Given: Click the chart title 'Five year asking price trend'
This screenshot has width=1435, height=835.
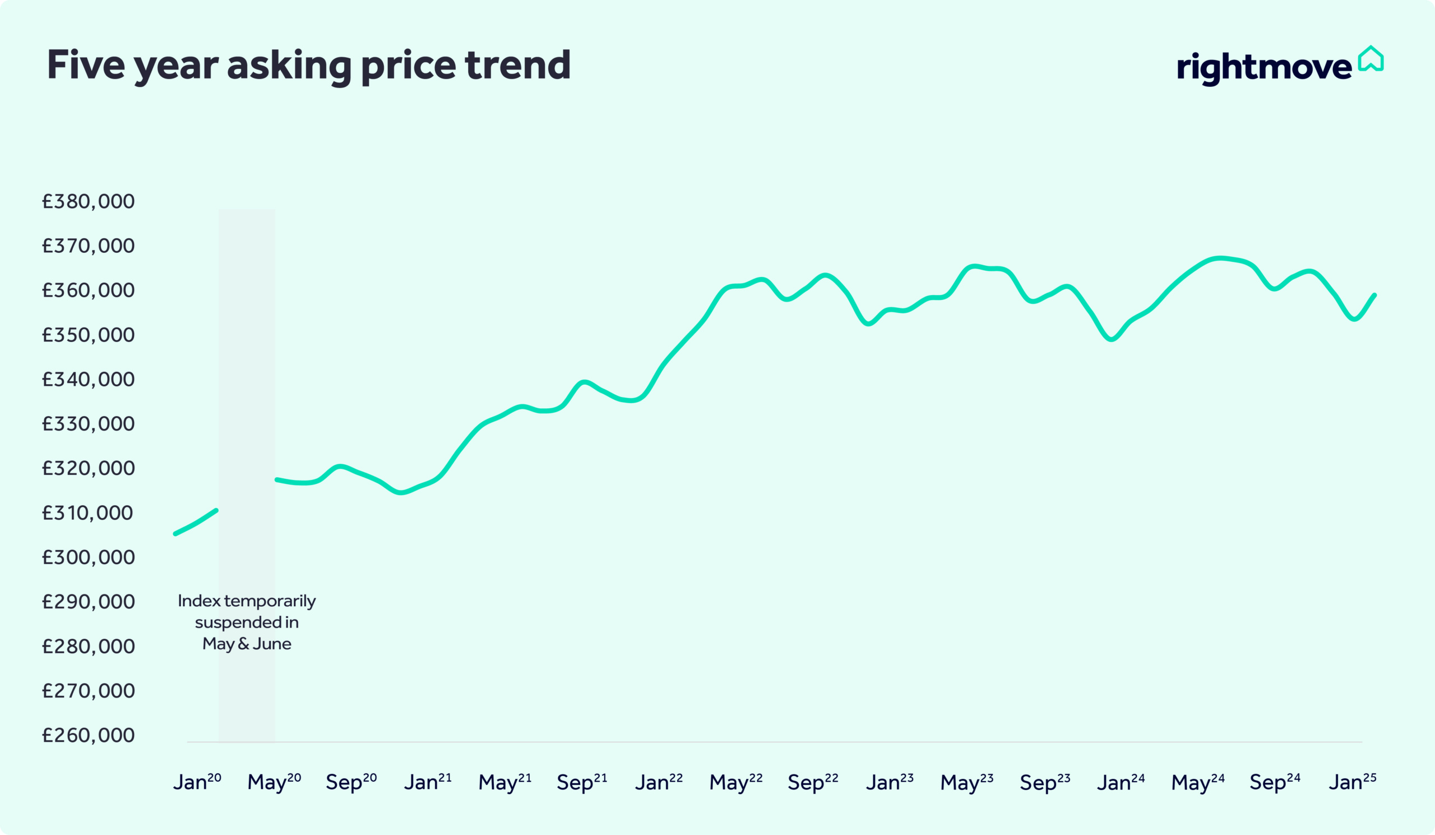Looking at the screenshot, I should point(308,65).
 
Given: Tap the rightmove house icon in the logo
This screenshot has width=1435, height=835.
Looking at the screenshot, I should point(1370,59).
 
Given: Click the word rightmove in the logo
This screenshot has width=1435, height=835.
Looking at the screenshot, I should point(1263,68).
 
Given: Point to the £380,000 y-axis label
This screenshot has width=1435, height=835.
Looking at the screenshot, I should point(88,201).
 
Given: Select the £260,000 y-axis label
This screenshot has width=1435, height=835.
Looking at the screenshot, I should point(88,735).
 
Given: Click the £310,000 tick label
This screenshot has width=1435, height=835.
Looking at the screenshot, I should point(88,513).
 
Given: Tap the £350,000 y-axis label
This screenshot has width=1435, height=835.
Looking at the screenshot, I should point(88,334).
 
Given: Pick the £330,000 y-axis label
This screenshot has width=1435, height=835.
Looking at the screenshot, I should point(88,423).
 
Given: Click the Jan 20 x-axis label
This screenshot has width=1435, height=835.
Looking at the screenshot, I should point(197,782).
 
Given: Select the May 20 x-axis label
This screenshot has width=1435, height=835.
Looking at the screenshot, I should point(274,782).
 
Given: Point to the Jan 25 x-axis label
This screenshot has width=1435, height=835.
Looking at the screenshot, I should point(1353,782).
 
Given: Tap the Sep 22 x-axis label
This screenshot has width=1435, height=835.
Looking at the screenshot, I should point(813,782).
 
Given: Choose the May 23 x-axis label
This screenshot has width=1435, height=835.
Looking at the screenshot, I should point(966,782).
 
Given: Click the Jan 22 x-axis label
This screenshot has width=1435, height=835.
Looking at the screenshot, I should point(659,782).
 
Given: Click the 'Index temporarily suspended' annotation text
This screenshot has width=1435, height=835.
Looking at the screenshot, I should point(247,621).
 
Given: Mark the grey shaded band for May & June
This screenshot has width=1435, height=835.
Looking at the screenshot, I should point(247,399).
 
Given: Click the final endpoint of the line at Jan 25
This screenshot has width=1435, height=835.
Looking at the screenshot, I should point(1374,295).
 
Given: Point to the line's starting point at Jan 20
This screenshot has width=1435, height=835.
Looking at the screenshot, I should point(175,534).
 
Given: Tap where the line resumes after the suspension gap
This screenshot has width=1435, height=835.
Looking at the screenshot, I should point(277,480).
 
